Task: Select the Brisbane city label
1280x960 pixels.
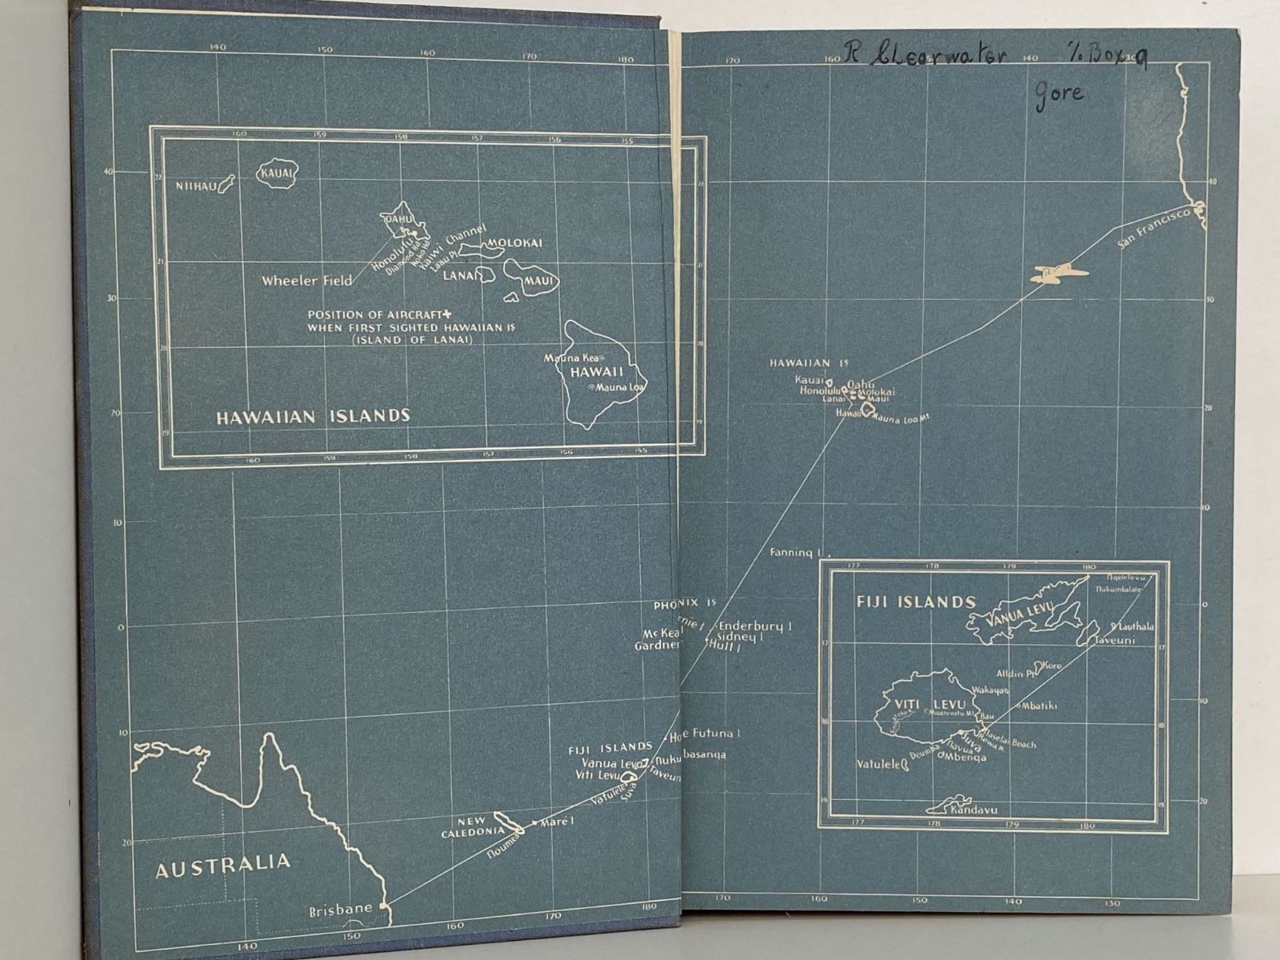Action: [x=341, y=909]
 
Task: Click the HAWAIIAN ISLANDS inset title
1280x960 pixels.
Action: [x=313, y=416]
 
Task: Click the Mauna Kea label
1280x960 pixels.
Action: [x=571, y=358]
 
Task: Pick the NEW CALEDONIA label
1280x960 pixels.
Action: [x=472, y=827]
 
